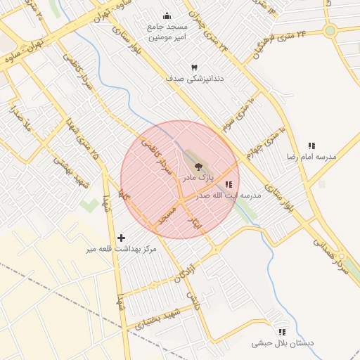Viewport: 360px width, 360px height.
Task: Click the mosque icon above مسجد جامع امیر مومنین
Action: [167, 15]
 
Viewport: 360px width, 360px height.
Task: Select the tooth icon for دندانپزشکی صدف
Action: [194, 67]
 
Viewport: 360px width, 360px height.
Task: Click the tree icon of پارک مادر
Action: [199, 167]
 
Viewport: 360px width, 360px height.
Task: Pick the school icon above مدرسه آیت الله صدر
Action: [229, 184]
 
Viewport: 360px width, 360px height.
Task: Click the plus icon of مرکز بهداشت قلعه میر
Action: [122, 238]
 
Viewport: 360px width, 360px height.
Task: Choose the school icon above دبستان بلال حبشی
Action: [282, 332]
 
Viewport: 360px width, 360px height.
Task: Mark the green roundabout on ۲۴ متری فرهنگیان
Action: [330, 30]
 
